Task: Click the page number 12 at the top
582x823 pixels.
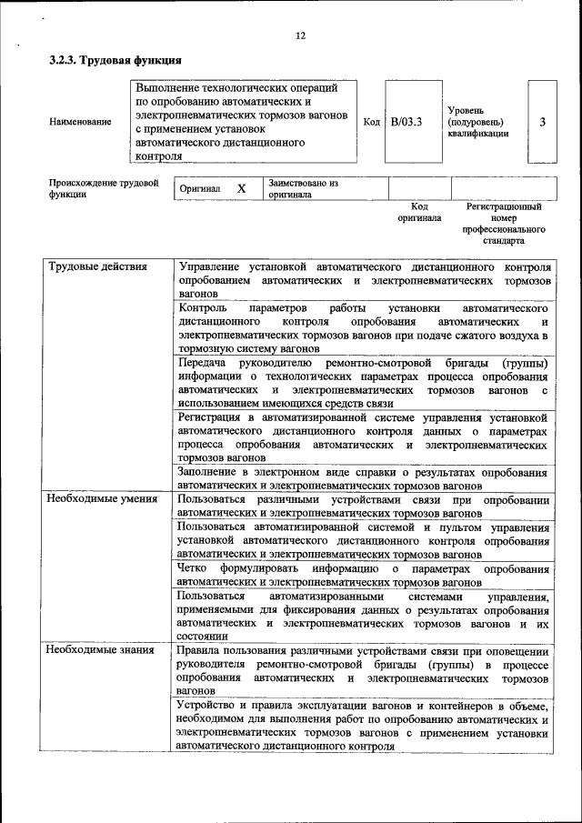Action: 300,35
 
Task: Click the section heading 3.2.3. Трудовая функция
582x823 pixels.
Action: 115,62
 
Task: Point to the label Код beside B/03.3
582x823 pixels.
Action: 371,122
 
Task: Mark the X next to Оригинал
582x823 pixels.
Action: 241,188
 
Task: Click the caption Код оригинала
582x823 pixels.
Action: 418,213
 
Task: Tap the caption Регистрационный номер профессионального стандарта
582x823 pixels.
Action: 503,225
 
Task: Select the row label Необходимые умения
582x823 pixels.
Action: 96,500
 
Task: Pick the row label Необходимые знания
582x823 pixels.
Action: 95,651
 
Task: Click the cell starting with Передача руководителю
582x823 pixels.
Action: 363,382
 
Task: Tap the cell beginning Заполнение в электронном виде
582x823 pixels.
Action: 363,479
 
